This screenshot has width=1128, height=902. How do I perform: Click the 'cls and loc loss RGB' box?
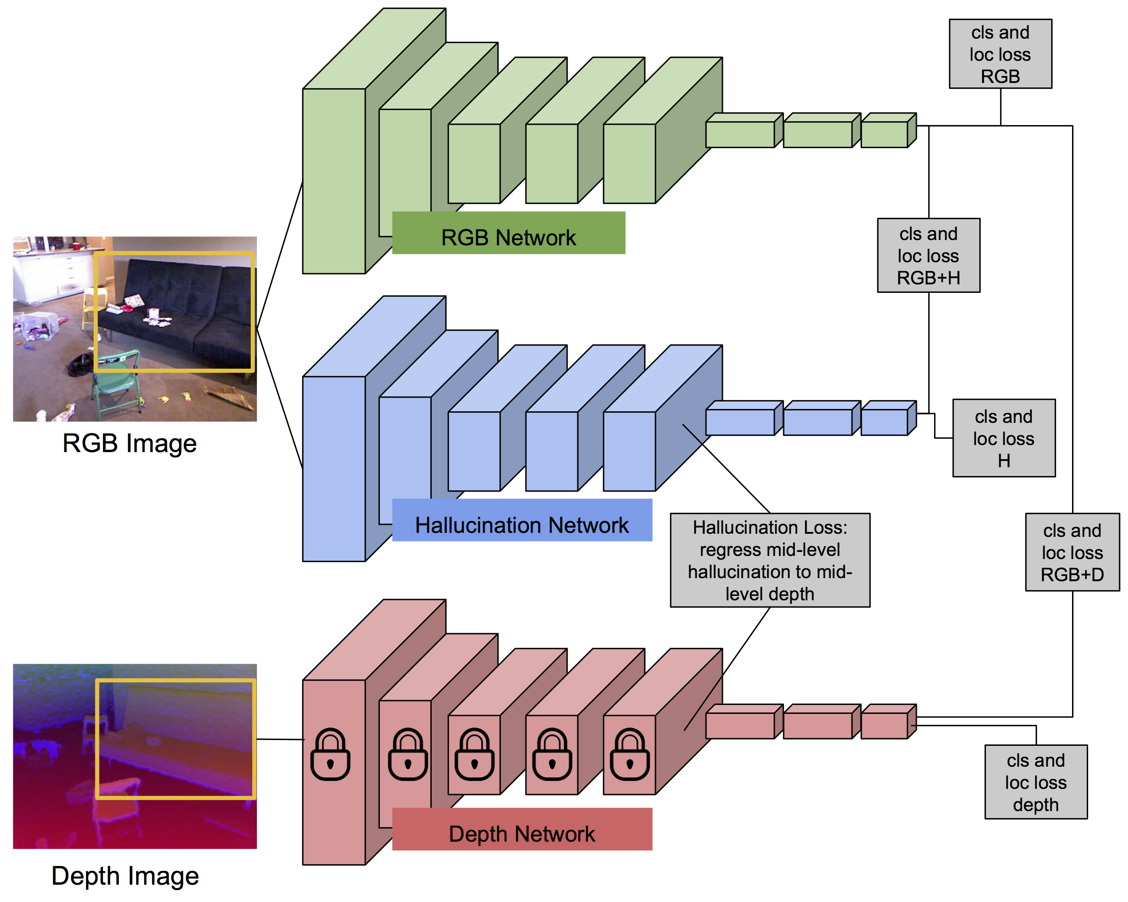(x=1000, y=54)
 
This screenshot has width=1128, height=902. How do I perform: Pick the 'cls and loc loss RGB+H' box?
(x=928, y=255)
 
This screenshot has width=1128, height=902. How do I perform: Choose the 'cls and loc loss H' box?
(x=1003, y=438)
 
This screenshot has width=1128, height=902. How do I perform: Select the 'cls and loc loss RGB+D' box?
(x=1072, y=552)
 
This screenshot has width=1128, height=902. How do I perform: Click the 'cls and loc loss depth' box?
(x=1035, y=782)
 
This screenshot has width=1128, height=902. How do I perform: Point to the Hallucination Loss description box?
(x=769, y=560)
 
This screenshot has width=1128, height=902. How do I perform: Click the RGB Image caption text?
(x=129, y=443)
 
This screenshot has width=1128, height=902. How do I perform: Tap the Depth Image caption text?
(x=125, y=876)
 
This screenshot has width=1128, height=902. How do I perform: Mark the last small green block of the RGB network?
(x=884, y=134)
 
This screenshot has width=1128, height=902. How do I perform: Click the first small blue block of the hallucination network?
(x=740, y=422)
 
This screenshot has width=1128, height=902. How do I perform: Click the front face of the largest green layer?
(x=333, y=181)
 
